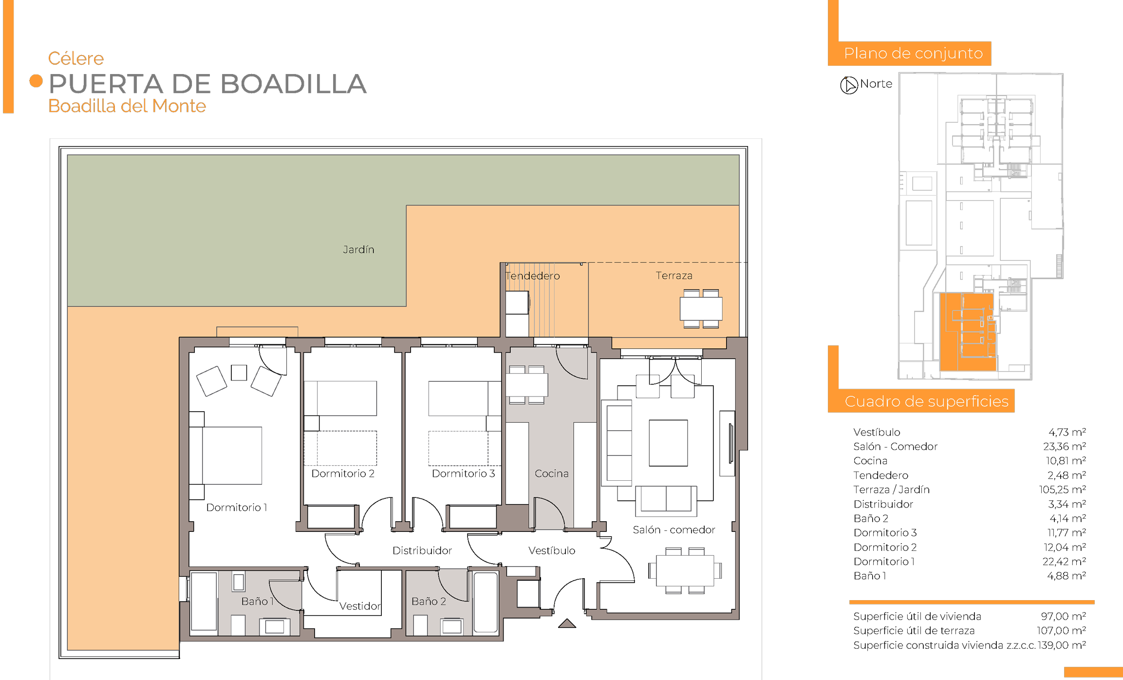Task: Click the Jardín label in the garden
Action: click(x=358, y=250)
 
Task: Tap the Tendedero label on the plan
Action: click(x=533, y=276)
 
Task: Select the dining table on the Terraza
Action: click(x=701, y=309)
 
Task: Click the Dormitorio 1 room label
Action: click(x=237, y=508)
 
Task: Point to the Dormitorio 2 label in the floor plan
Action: click(x=343, y=473)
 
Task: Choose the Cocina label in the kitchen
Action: click(x=551, y=473)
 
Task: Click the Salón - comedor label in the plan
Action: click(x=674, y=529)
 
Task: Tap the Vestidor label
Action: click(x=360, y=606)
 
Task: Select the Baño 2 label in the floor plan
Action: click(x=429, y=602)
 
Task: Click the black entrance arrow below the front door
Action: click(x=567, y=623)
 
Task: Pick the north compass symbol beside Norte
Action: click(x=849, y=85)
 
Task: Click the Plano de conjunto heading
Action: click(x=913, y=54)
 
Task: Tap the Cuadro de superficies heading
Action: click(x=926, y=401)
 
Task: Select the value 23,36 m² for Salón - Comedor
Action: click(x=1065, y=447)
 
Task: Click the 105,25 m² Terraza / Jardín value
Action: click(x=1063, y=490)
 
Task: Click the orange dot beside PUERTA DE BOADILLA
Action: click(x=36, y=81)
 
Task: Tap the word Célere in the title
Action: click(x=76, y=58)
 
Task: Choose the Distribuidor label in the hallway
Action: click(x=422, y=551)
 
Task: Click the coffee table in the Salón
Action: click(x=668, y=443)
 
